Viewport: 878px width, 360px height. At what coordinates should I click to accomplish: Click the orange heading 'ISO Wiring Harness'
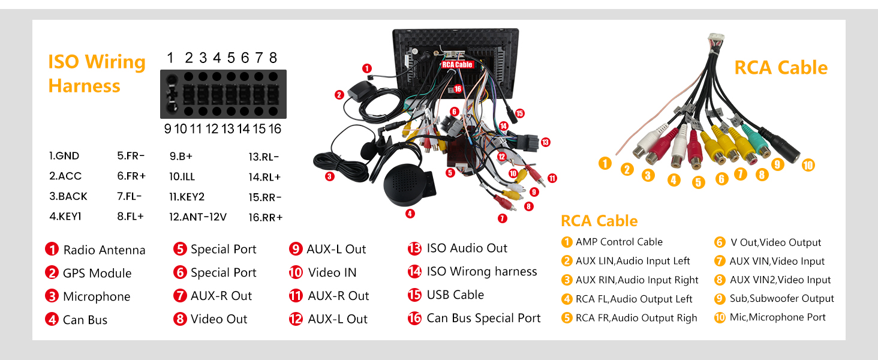pyautogui.click(x=97, y=74)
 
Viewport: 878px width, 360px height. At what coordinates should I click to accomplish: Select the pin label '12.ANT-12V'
pyautogui.click(x=198, y=217)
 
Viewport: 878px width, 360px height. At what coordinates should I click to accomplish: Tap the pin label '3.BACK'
pyautogui.click(x=68, y=196)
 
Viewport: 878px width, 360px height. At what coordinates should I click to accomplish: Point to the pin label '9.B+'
pyautogui.click(x=181, y=156)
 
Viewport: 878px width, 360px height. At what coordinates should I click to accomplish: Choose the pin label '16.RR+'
pyautogui.click(x=265, y=217)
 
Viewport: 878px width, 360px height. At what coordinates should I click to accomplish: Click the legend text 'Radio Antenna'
pyautogui.click(x=104, y=250)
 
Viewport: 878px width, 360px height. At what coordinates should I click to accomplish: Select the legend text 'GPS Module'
pyautogui.click(x=97, y=274)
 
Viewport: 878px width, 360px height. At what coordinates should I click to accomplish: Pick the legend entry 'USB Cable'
pyautogui.click(x=455, y=295)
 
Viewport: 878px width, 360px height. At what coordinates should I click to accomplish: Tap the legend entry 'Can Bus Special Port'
pyautogui.click(x=483, y=318)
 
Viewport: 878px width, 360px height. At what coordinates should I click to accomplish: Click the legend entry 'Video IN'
pyautogui.click(x=332, y=272)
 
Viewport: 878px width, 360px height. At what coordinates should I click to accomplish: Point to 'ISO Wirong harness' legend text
pyautogui.click(x=482, y=271)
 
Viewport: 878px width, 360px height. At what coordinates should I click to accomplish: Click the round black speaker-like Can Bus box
pyautogui.click(x=407, y=184)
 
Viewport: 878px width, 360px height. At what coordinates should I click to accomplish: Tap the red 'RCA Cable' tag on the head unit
pyautogui.click(x=457, y=64)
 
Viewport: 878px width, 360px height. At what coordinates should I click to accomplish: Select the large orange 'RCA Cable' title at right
pyautogui.click(x=781, y=68)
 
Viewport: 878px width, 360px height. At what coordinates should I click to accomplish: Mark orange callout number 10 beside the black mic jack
pyautogui.click(x=808, y=165)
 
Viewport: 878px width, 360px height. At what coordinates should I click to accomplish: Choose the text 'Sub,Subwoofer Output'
pyautogui.click(x=782, y=298)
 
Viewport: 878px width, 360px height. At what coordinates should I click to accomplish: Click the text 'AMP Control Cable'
pyautogui.click(x=619, y=242)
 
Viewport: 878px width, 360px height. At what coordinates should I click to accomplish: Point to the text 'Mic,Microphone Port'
pyautogui.click(x=778, y=317)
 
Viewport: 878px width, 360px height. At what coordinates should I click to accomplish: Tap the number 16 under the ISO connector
pyautogui.click(x=275, y=128)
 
